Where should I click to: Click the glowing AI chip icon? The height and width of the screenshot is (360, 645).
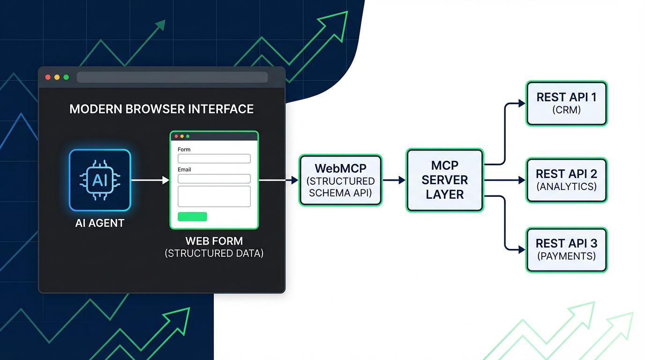click(100, 180)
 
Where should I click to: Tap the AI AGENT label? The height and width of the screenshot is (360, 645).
click(100, 223)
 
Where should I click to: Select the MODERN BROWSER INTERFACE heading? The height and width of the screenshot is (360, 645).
click(161, 109)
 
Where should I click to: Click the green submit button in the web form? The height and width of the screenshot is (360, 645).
click(192, 217)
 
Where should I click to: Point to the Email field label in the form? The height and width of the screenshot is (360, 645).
click(184, 169)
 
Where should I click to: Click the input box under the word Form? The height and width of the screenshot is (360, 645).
click(214, 158)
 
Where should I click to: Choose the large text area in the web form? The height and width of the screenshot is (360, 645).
click(214, 196)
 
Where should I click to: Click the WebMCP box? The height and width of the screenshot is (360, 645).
click(341, 180)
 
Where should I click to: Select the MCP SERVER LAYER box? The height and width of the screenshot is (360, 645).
click(444, 180)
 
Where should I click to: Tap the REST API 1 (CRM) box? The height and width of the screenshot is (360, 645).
click(567, 103)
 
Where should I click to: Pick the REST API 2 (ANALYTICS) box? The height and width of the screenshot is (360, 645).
click(567, 180)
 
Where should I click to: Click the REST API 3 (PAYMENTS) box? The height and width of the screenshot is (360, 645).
click(567, 249)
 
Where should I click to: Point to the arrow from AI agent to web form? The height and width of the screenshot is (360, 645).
click(150, 180)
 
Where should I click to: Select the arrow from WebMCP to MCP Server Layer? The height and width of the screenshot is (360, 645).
click(394, 180)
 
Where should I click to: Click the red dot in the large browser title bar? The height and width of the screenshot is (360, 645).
click(48, 77)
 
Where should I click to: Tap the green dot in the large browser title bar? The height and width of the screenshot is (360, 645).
click(66, 77)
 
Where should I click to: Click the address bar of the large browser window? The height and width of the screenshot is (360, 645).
click(172, 77)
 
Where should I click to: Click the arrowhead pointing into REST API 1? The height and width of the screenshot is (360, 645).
click(522, 103)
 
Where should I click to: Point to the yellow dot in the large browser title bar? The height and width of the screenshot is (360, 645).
click(57, 77)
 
